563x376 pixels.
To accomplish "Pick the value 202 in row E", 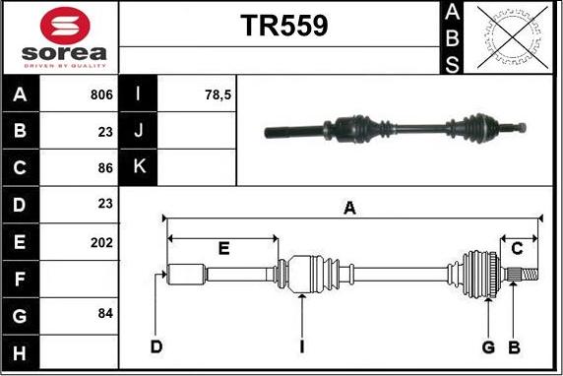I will (101, 241).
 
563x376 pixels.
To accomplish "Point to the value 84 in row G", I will (105, 314).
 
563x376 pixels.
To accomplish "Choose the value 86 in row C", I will (105, 168).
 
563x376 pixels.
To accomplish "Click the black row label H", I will (21, 350).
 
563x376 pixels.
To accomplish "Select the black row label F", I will (21, 278).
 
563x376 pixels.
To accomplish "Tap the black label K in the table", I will (138, 168).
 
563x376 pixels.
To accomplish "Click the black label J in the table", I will (138, 132).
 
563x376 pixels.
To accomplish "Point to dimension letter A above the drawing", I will (348, 207).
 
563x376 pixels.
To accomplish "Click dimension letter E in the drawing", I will (223, 249).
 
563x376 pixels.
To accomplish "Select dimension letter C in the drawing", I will (517, 249).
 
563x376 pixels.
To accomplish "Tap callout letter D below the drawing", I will (155, 346).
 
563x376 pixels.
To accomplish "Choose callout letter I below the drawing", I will (303, 346).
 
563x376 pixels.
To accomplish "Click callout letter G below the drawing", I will (487, 346).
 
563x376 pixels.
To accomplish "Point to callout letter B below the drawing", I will (513, 346).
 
